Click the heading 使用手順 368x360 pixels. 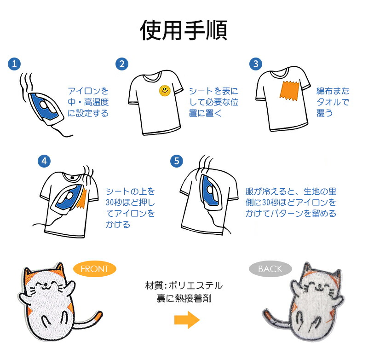pos(184,30)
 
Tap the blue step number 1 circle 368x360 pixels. pos(14,64)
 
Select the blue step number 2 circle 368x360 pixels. pos(122,64)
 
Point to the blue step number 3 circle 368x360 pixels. pos(256,64)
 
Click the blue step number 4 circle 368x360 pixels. pos(44,161)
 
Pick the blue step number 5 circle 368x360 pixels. pos(177,161)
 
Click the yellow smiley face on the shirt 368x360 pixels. pos(165,91)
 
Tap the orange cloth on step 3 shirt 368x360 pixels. pos(289,91)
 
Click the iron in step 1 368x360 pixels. pos(46,109)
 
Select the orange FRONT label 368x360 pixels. pos(95,269)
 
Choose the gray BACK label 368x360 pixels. pos(270,269)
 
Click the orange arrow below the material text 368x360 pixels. pos(187,320)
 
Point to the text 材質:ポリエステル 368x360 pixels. pos(184,285)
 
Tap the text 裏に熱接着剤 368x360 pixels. pos(184,298)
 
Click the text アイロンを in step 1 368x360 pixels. pos(88,91)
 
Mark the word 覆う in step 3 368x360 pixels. pos(325,113)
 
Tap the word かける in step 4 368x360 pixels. pos(118,225)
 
